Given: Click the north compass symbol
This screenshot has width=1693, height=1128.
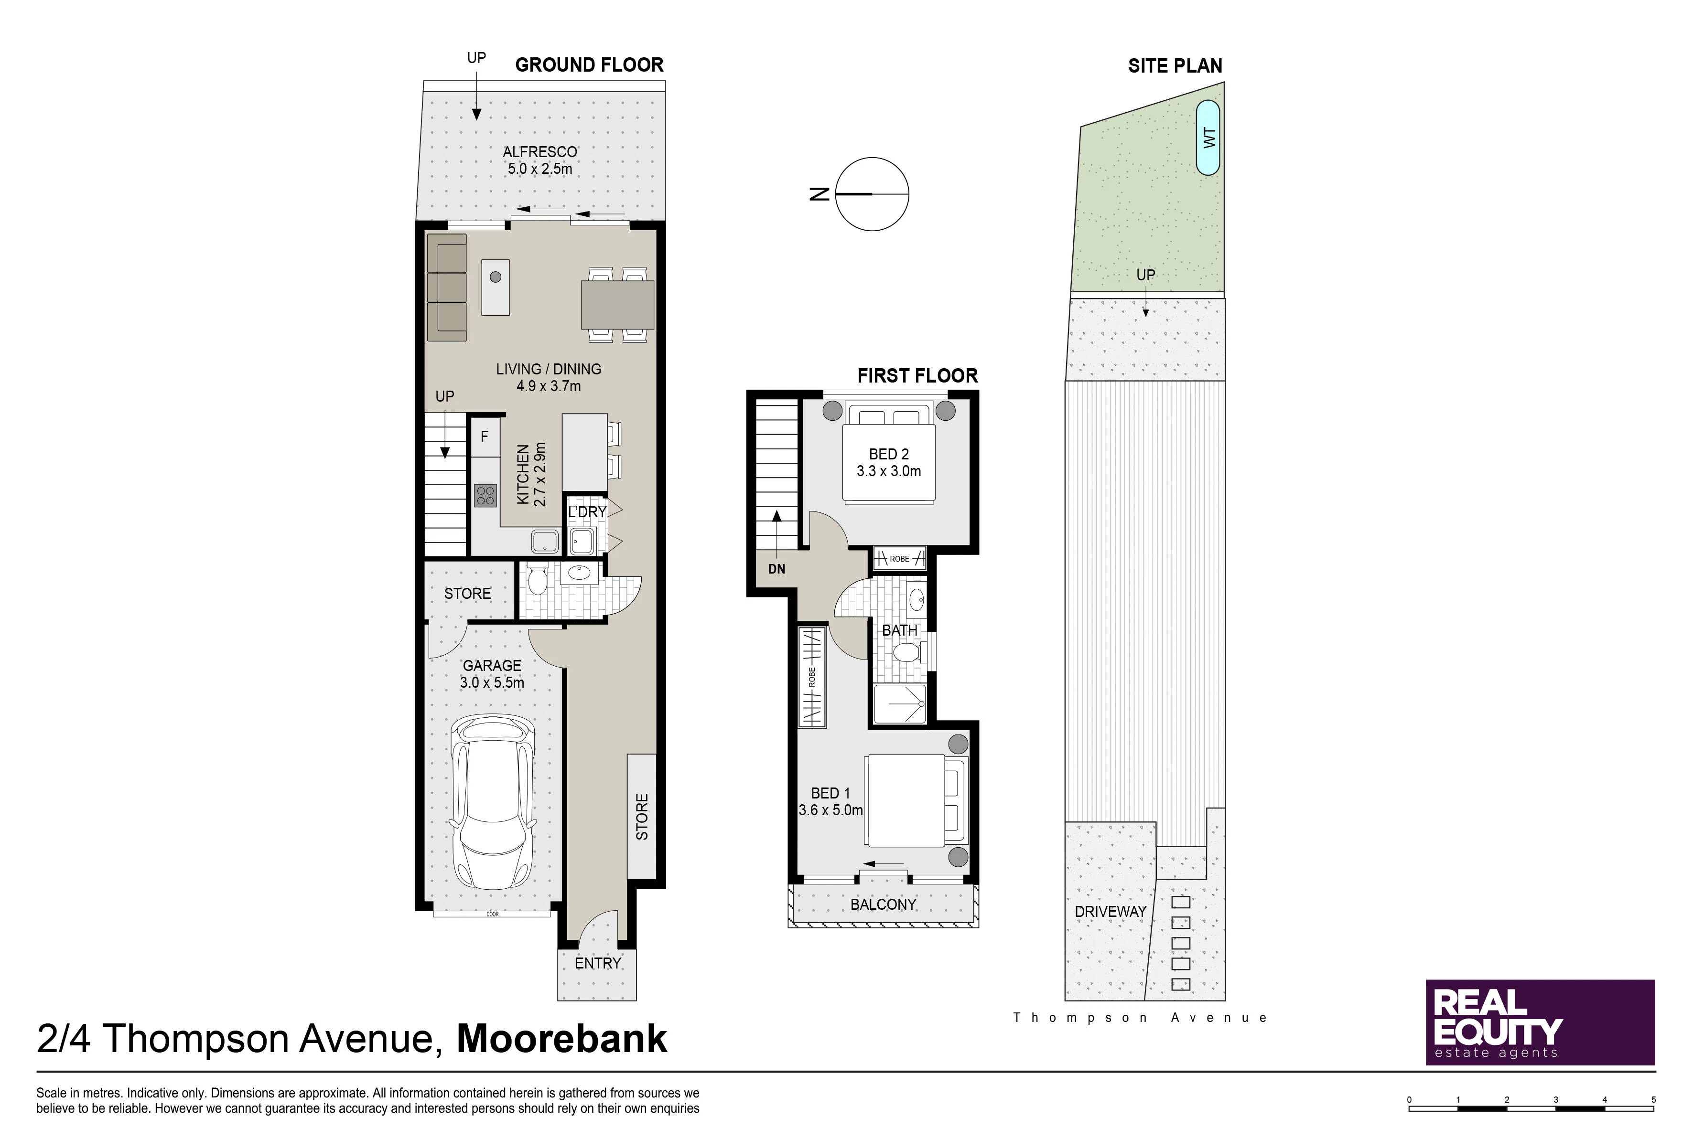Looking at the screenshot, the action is point(872,194).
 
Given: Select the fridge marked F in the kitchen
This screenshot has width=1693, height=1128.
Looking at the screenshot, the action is point(485,436).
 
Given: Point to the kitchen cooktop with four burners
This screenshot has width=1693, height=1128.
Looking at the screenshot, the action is point(486,496).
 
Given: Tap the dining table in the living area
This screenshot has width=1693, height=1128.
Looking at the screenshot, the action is point(617,304).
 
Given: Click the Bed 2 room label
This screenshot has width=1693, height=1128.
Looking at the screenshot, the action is point(888,455).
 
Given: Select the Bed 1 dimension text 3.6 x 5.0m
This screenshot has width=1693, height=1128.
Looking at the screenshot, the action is point(830,810).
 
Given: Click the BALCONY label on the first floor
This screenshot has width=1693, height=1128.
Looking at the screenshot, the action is point(883,905).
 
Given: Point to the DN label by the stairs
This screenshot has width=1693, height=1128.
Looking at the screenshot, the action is point(776,569).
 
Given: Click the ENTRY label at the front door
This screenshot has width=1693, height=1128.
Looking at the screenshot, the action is point(597,963).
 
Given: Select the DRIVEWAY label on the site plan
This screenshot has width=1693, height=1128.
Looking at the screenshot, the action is point(1110,912).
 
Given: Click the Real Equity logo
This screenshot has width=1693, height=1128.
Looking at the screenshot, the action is point(1541,1022).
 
